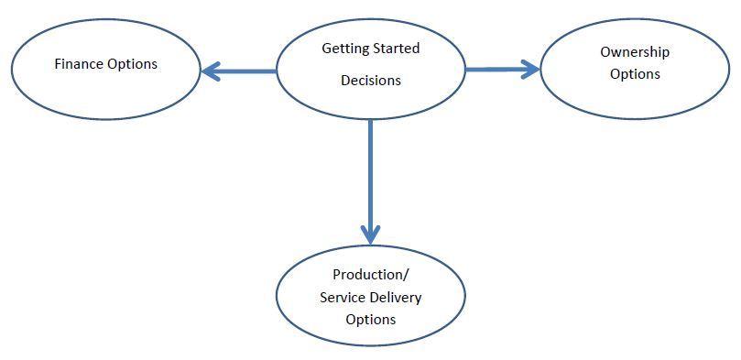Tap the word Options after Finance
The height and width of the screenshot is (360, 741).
point(131,64)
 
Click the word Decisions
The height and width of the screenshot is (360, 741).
point(371,81)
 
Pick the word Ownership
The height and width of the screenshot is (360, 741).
point(635,52)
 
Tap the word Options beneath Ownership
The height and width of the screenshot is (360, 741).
point(635,74)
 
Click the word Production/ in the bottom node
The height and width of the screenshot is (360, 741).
point(369,274)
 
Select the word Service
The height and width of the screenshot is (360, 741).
point(342,297)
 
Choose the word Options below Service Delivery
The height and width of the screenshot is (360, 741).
point(370,320)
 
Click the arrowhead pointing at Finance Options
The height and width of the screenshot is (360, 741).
point(211,71)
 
